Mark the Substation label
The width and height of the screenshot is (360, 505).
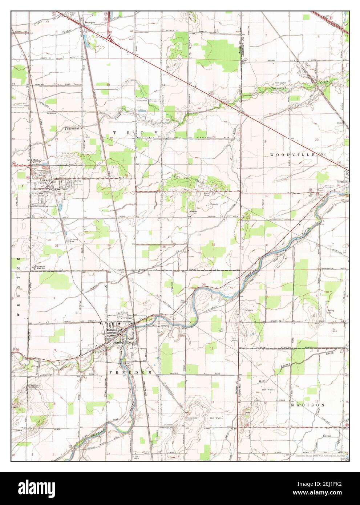(x=142, y=100)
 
